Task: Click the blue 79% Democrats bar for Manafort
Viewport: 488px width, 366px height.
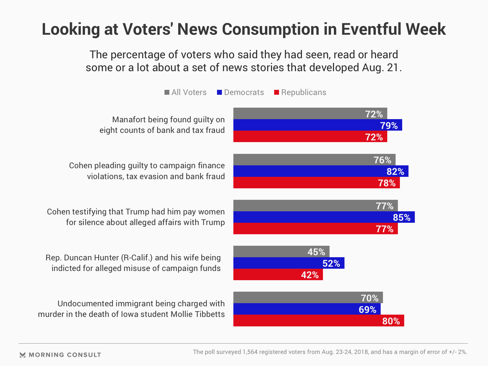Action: pos(317,125)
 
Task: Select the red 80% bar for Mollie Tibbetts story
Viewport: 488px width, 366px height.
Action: pos(319,321)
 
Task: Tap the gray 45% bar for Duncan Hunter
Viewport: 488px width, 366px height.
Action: pos(281,251)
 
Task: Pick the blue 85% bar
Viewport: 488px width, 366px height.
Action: pos(324,217)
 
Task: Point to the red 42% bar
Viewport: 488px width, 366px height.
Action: pos(278,275)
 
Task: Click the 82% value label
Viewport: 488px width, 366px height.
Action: pos(395,172)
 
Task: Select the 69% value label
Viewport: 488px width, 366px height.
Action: pos(367,309)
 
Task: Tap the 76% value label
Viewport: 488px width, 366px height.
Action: pos(382,160)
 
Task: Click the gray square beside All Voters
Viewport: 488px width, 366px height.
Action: pos(167,92)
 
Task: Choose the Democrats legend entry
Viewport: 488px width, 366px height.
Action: pos(241,92)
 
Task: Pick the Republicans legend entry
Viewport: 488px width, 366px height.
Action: pos(300,92)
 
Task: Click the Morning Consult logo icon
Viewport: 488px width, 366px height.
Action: pos(23,355)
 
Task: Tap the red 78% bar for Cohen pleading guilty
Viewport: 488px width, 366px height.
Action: pos(316,183)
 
